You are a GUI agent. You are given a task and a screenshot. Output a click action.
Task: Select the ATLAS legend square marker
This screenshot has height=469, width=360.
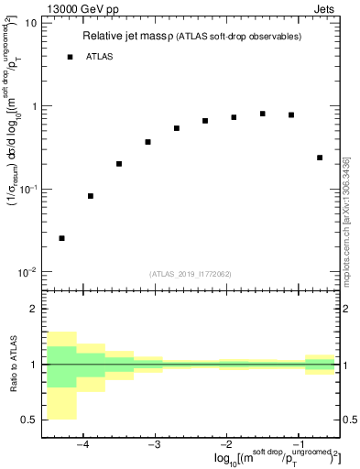(71, 57)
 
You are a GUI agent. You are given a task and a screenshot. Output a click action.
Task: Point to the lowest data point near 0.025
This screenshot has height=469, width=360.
(61, 238)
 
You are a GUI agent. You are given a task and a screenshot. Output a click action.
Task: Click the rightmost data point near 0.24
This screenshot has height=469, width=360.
(320, 158)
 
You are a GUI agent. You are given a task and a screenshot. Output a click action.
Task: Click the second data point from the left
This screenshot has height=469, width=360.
(91, 196)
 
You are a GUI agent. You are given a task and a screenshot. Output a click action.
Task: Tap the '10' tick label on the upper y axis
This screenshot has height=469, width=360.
(30, 23)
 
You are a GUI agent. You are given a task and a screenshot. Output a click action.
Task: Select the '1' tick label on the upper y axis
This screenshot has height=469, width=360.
(34, 106)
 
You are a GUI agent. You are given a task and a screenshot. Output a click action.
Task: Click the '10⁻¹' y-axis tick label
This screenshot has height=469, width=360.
(28, 189)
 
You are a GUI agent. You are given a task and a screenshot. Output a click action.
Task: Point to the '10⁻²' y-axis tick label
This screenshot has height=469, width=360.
(28, 272)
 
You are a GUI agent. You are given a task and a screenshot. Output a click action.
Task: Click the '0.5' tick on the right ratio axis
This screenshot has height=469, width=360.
(349, 420)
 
